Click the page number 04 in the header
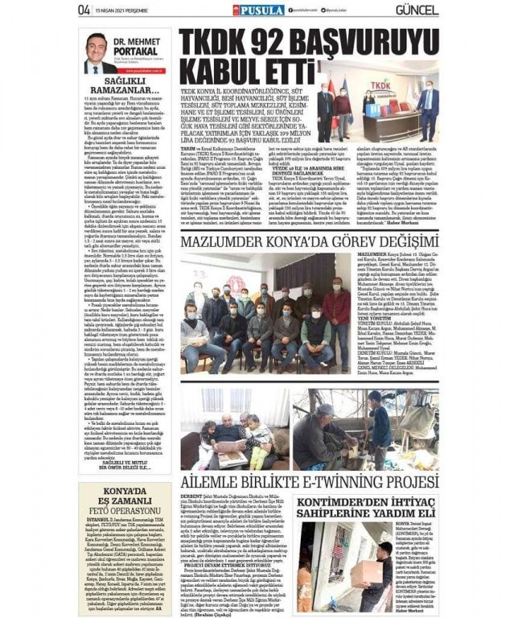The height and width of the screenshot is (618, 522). point(84,9)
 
